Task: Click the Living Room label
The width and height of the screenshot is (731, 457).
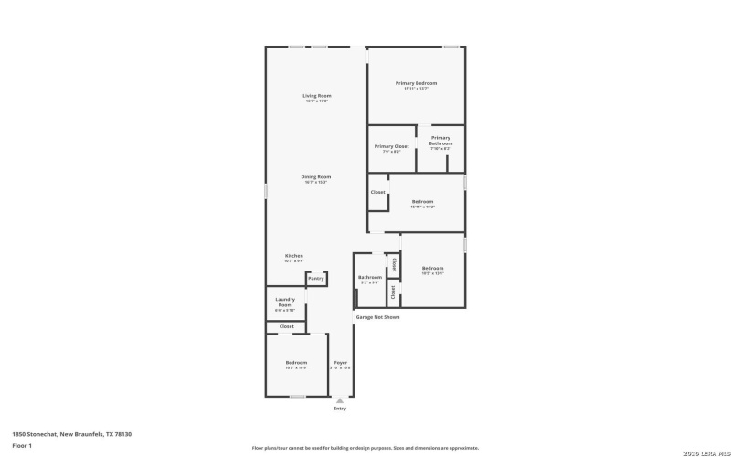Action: point(316,96)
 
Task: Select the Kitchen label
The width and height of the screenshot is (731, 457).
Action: point(293,256)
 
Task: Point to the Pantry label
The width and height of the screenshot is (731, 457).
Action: point(315,278)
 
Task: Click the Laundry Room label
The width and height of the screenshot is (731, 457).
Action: point(285,302)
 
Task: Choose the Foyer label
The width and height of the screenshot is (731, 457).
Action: point(340,363)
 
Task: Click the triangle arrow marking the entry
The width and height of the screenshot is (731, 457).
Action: point(340,400)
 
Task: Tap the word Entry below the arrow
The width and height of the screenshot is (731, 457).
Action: point(340,409)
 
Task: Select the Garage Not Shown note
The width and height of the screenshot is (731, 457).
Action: point(377,317)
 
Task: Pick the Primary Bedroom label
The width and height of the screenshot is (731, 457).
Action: point(416,83)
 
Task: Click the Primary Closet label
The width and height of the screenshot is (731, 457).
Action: point(391,146)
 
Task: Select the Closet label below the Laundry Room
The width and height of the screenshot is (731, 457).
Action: point(286,326)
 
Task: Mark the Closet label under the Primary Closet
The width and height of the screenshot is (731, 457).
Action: point(377,193)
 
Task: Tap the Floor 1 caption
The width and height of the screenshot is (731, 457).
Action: point(22,445)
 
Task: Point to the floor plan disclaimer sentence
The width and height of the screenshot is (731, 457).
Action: point(365,449)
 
